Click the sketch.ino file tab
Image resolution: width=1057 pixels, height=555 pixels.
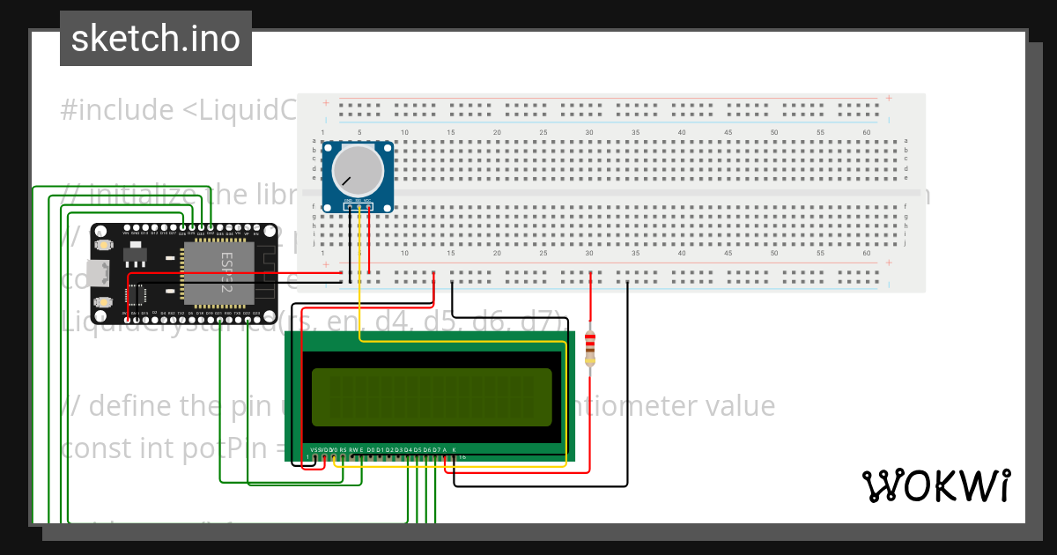[156, 39]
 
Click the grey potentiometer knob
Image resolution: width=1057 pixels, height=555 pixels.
[357, 171]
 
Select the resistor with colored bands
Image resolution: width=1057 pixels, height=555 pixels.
[590, 347]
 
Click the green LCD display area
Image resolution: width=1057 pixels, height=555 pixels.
[432, 396]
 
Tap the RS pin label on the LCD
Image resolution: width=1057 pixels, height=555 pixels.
[343, 450]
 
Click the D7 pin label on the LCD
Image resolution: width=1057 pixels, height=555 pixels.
[436, 450]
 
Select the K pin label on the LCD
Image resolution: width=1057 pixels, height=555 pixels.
[455, 450]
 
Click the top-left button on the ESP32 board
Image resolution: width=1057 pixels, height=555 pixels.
[104, 245]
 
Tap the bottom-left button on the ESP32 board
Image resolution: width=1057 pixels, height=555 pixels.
[104, 302]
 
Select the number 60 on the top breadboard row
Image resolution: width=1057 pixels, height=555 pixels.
[867, 132]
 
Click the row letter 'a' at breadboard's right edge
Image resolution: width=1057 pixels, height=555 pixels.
[905, 141]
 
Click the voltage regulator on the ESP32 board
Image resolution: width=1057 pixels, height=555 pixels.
[135, 255]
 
